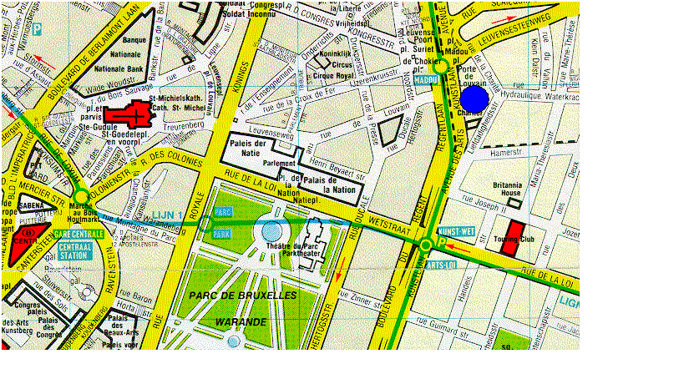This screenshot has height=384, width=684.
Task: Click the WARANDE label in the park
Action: tap(239, 321)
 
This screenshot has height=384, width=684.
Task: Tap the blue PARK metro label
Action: tap(222, 235)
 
